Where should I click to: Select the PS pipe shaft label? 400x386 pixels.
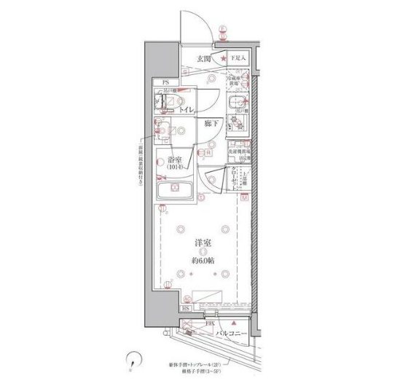[x=165, y=82]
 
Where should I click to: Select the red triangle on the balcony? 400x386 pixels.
[x=232, y=323]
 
